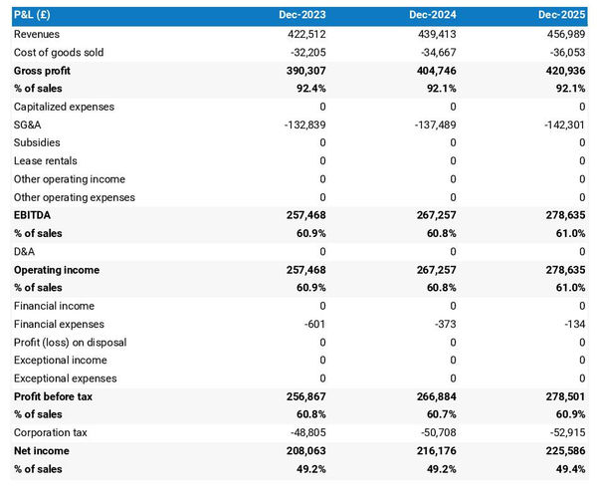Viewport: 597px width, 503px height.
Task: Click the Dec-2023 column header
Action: coord(303,16)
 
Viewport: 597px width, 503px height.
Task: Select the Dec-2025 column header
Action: coord(562,16)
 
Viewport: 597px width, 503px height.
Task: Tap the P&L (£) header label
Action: coord(34,16)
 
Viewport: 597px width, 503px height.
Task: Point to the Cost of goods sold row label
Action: coord(59,52)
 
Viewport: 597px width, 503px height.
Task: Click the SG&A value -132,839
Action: coord(303,125)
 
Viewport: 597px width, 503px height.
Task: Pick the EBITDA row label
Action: coord(33,215)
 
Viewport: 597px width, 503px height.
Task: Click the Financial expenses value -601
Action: coord(313,324)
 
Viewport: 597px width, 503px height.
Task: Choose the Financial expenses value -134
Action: coord(573,324)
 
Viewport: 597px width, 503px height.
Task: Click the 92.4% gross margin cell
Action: coord(309,89)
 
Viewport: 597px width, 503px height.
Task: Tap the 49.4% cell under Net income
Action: coord(569,469)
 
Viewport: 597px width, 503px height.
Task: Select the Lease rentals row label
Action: coord(46,161)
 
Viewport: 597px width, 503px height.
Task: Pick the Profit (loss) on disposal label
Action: coord(71,342)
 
